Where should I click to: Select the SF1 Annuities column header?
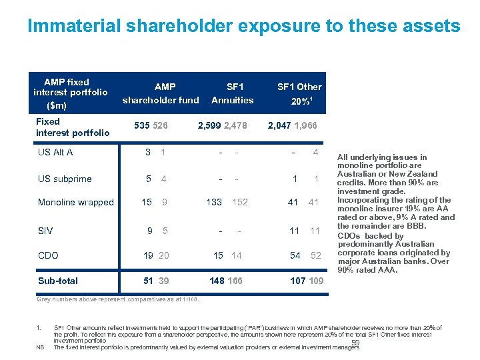(233, 93)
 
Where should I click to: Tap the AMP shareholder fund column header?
(160, 93)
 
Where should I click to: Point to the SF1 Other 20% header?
(299, 94)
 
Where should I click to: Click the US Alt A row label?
(55, 152)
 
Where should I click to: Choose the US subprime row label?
(65, 179)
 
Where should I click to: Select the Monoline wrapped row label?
(76, 203)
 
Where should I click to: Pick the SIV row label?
(45, 231)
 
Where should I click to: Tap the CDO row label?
(49, 255)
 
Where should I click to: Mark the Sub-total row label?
(58, 281)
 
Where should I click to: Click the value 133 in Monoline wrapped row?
(214, 202)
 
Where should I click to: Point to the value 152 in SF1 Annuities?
(241, 202)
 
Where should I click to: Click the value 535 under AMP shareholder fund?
(141, 125)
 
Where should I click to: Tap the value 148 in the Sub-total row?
(217, 281)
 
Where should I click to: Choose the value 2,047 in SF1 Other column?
(279, 125)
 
